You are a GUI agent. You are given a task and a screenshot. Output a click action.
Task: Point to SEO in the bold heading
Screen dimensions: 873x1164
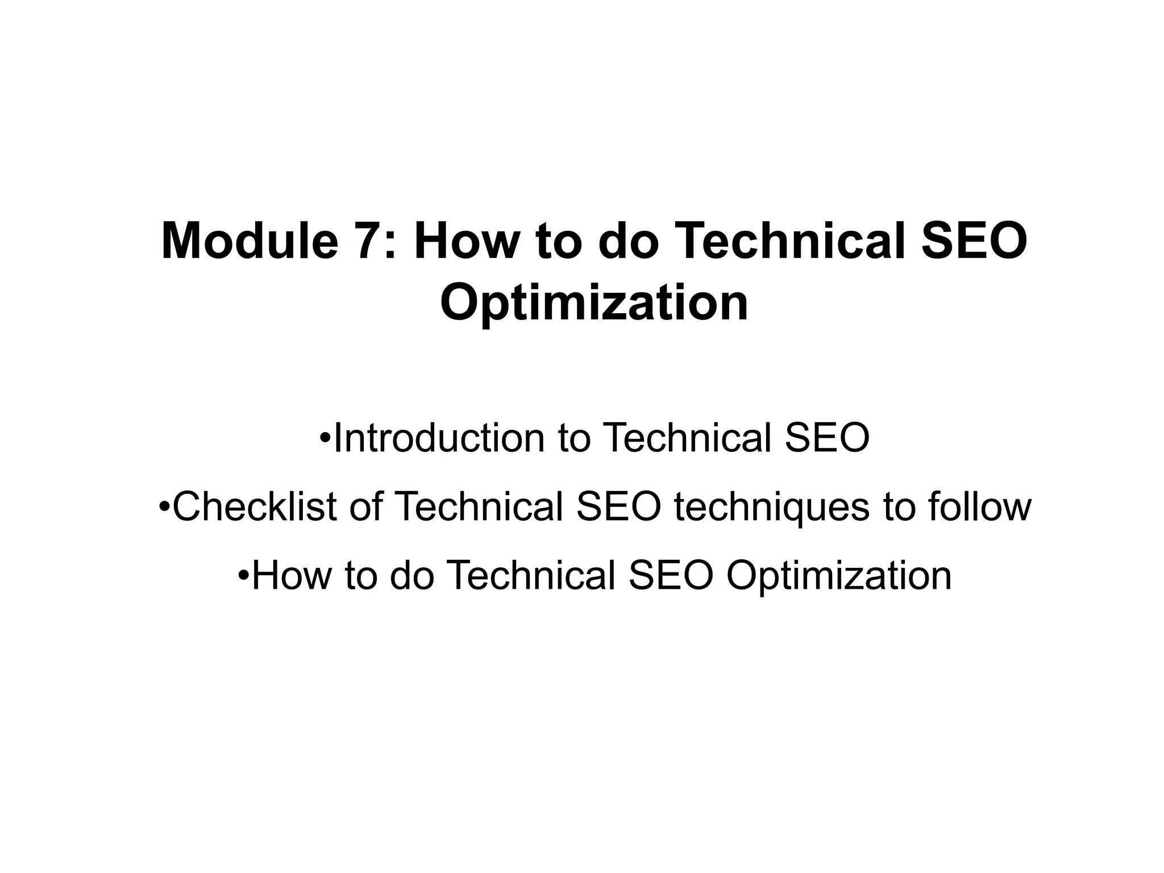[x=974, y=241]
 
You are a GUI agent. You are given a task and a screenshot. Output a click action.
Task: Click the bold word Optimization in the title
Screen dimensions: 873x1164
[x=594, y=304]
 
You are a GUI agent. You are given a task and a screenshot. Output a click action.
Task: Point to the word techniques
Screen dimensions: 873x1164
[x=772, y=506]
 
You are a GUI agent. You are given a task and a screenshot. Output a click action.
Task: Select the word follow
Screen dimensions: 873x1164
[x=980, y=506]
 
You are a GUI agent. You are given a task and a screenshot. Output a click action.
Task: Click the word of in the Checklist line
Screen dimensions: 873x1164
[x=365, y=506]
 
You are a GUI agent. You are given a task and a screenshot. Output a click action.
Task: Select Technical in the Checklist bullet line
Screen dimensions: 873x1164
[x=478, y=506]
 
